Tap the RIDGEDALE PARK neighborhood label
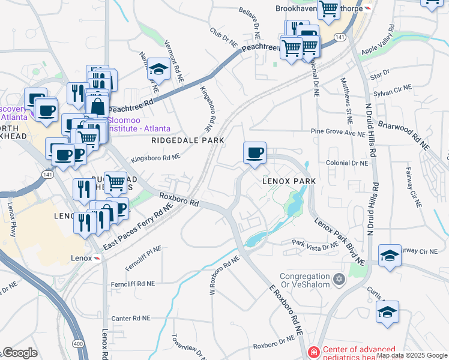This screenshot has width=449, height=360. [187, 140]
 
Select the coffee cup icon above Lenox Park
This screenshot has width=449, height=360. [255, 153]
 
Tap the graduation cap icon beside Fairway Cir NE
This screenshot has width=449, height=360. [390, 256]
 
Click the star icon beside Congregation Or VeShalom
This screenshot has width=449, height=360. [339, 279]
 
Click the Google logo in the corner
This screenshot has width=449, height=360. [20, 353]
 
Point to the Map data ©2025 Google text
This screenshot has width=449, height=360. [412, 356]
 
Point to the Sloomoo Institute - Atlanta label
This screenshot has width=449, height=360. [139, 124]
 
